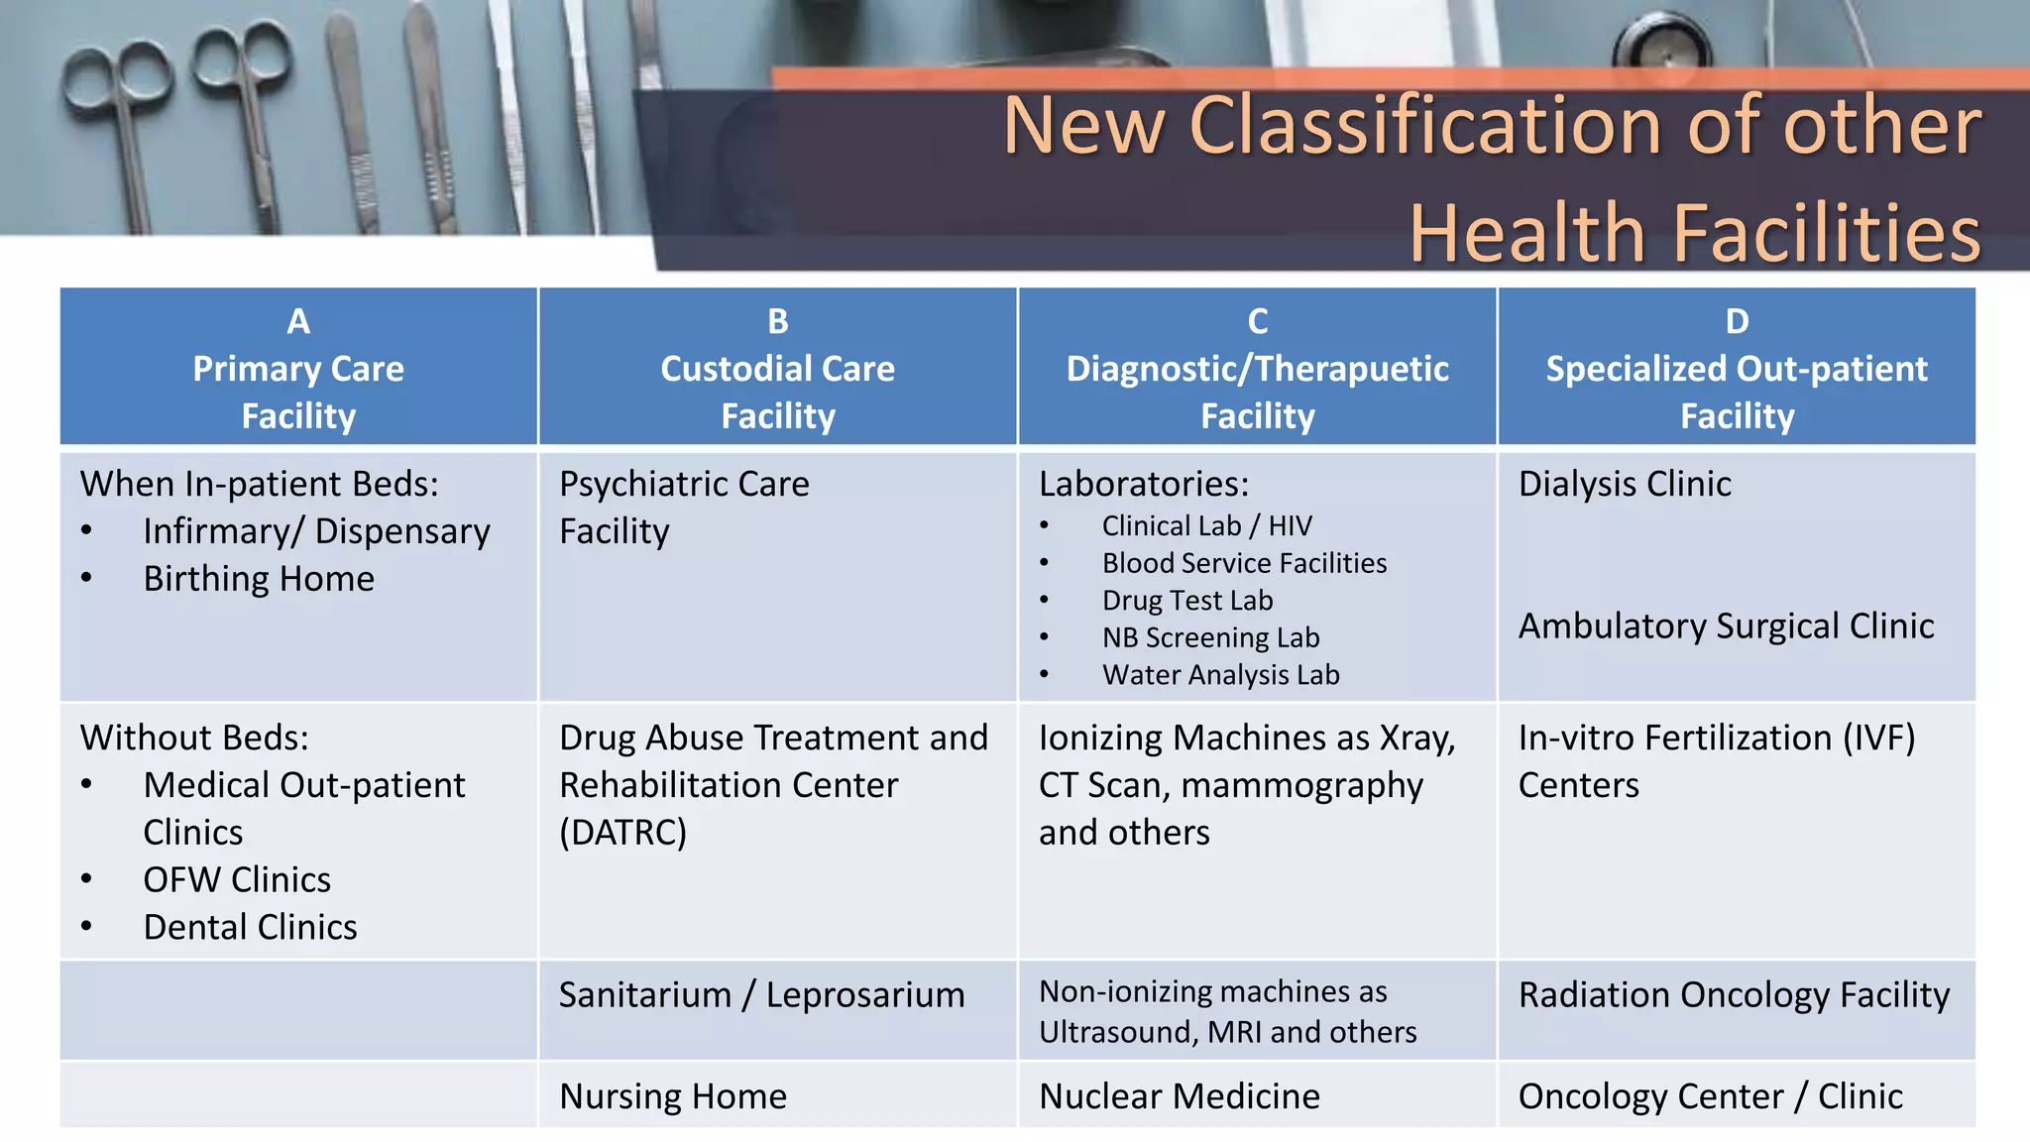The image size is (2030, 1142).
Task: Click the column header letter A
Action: pos(298,321)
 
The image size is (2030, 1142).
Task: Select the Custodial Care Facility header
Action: pos(777,392)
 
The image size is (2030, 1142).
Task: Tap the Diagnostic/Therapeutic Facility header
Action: pos(1257,392)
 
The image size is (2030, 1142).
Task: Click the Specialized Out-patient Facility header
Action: pos(1736,392)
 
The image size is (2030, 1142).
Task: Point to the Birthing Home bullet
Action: pos(259,579)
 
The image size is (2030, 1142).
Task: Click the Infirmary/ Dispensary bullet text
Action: pos(316,531)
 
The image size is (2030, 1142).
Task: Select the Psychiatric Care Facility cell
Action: pos(684,507)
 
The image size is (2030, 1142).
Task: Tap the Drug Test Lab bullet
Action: pos(1186,601)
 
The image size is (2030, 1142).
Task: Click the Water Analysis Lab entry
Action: pos(1220,675)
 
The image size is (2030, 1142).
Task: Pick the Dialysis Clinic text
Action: pos(1625,484)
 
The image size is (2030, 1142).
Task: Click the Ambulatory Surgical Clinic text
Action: pos(1726,627)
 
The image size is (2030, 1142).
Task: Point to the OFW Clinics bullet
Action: pos(237,880)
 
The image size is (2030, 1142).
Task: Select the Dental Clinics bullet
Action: pos(250,928)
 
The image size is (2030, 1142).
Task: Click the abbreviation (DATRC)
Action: pos(622,833)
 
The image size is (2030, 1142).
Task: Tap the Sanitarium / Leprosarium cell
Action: pos(761,995)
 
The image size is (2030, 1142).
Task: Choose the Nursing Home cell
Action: pos(672,1096)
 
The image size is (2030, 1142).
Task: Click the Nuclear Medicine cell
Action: pos(1179,1096)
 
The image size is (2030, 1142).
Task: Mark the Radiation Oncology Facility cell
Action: pos(1734,995)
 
